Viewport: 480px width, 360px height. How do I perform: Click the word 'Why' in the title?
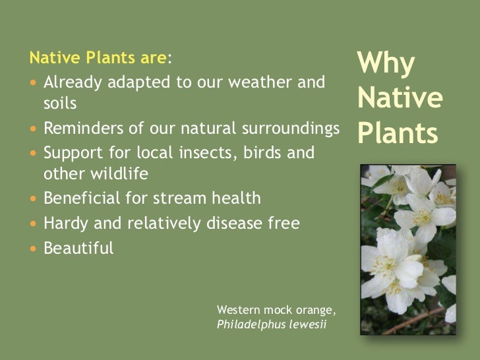click(x=386, y=65)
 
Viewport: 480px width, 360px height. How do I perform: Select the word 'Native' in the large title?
click(x=399, y=100)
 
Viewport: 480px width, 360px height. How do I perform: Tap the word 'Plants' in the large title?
click(x=398, y=133)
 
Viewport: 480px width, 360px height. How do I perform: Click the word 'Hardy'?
click(x=64, y=224)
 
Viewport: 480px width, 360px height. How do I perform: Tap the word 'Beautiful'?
click(x=78, y=248)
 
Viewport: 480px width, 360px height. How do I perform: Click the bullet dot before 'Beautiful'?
click(x=34, y=249)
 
